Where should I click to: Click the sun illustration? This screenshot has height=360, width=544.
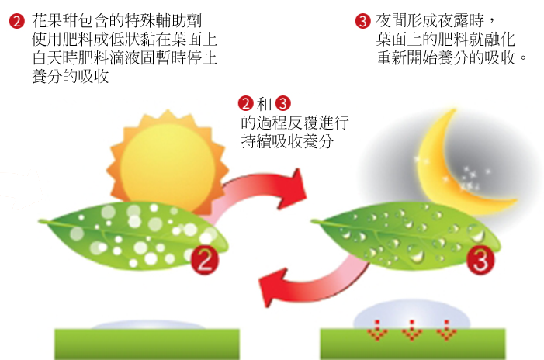click(165, 159)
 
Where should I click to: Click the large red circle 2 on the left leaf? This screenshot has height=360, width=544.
click(204, 258)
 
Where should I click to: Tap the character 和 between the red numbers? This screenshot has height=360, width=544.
click(264, 104)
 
